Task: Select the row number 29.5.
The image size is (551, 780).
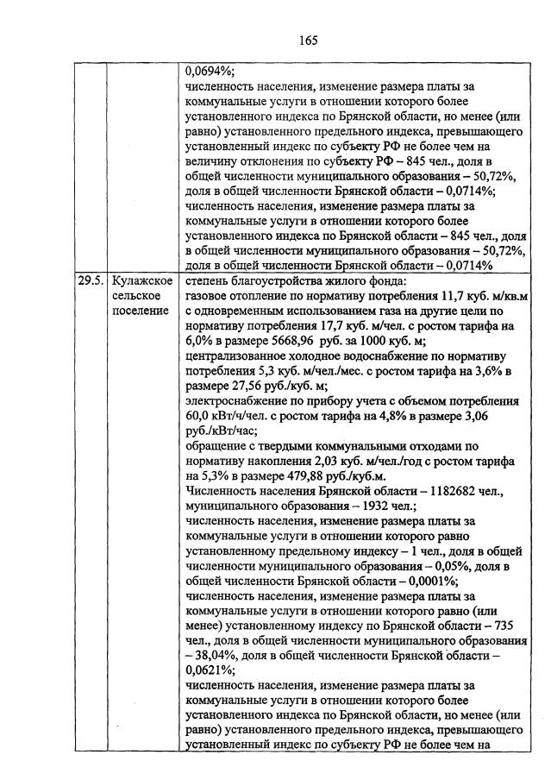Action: tap(89, 281)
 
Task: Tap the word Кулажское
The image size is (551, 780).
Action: tap(140, 281)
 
